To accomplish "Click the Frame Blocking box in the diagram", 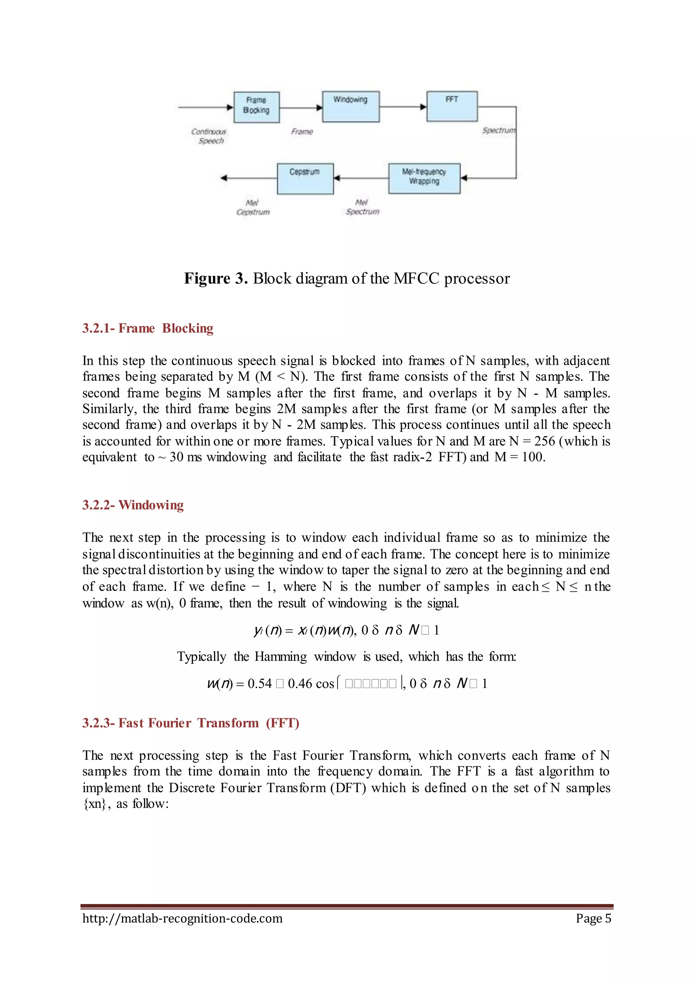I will coord(257,107).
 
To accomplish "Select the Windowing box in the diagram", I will coord(350,106).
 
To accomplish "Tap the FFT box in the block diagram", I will coord(452,106).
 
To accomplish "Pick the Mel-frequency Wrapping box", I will coord(424,178).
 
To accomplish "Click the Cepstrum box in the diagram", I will coord(305,178).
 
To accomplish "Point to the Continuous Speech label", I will coord(209,136).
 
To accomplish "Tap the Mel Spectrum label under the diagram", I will coord(362,207).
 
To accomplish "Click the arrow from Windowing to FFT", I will coord(403,107).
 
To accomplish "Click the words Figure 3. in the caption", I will coord(216,278).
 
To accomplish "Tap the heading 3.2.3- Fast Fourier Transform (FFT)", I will coord(190,723).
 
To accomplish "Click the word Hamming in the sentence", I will coord(280,656).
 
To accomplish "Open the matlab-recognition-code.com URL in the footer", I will coord(182,918).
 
